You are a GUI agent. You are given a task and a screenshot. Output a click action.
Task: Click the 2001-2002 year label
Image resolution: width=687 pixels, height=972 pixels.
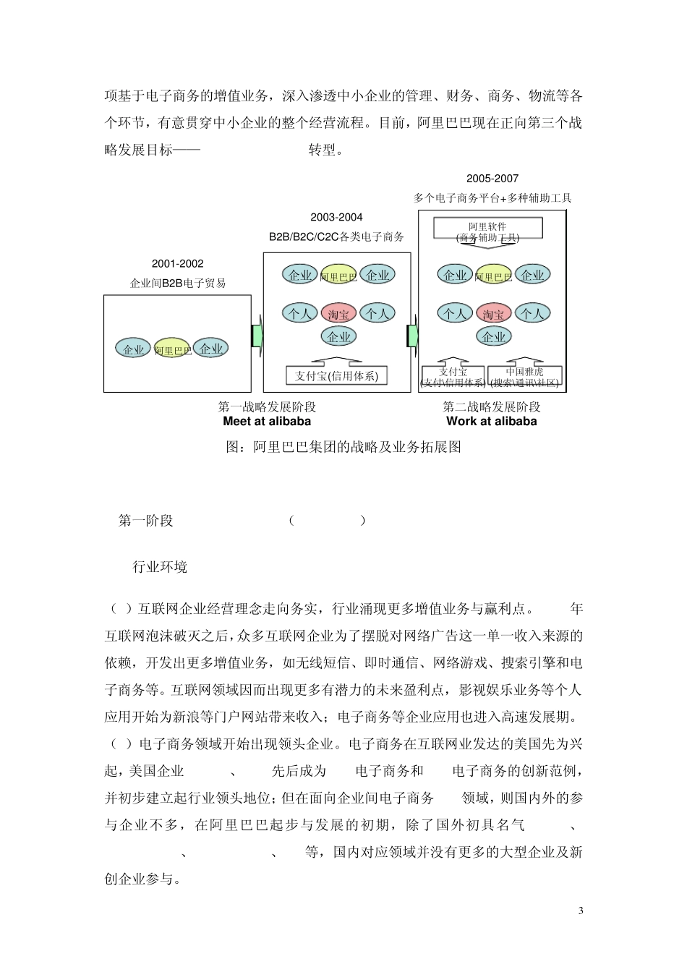[x=177, y=264]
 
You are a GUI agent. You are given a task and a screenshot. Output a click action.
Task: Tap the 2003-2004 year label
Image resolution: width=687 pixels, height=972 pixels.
[x=336, y=217]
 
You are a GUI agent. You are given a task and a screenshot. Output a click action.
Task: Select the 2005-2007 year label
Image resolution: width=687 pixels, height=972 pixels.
[x=492, y=179]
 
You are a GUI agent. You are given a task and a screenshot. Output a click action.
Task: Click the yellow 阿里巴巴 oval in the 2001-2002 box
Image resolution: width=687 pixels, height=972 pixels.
[x=172, y=349]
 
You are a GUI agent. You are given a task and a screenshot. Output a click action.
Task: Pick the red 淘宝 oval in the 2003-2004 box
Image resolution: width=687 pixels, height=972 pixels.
[x=338, y=314]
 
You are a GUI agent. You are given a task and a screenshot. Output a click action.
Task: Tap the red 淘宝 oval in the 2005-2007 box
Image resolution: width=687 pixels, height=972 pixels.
[x=493, y=314]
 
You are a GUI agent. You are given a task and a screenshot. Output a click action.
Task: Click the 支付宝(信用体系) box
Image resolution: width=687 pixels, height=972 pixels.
[x=336, y=376]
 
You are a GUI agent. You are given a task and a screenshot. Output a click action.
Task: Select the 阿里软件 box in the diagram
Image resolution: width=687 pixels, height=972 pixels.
[x=487, y=230]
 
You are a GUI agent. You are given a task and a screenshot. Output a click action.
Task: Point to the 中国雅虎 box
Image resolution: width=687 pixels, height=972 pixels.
[x=524, y=376]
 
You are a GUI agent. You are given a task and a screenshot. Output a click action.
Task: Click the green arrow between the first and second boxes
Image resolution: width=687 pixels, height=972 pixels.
[x=257, y=336]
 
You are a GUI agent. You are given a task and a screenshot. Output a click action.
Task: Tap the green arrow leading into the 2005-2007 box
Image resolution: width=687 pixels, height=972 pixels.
[x=412, y=336]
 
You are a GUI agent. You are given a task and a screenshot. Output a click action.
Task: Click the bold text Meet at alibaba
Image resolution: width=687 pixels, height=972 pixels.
[x=267, y=421]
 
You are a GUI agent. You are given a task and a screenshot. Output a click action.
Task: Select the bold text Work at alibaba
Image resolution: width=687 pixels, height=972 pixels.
[x=492, y=421]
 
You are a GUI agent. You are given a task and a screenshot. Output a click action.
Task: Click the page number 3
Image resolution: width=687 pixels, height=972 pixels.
[x=580, y=911]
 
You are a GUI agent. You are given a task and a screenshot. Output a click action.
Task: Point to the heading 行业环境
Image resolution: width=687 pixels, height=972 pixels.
[x=160, y=567]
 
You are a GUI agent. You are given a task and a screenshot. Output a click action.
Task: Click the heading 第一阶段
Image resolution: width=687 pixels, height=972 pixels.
[x=146, y=521]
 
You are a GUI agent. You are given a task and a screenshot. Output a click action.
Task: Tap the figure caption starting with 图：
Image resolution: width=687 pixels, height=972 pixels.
[x=343, y=447]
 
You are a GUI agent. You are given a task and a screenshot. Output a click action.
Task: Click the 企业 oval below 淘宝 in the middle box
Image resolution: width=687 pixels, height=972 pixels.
[x=338, y=336]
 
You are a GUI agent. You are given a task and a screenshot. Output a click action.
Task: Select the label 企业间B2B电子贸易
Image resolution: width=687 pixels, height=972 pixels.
[x=178, y=283]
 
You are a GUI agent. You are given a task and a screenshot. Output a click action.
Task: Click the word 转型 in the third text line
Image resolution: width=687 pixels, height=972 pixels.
[x=322, y=150]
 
